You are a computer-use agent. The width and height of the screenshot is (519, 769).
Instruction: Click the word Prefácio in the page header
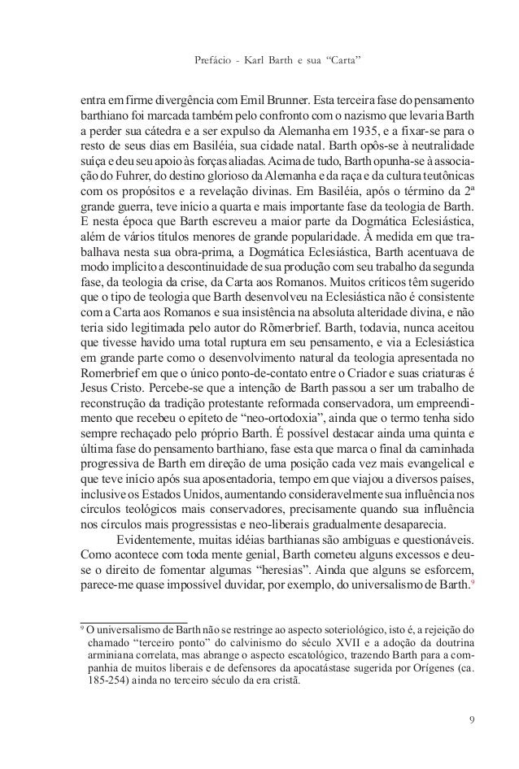pos(214,60)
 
